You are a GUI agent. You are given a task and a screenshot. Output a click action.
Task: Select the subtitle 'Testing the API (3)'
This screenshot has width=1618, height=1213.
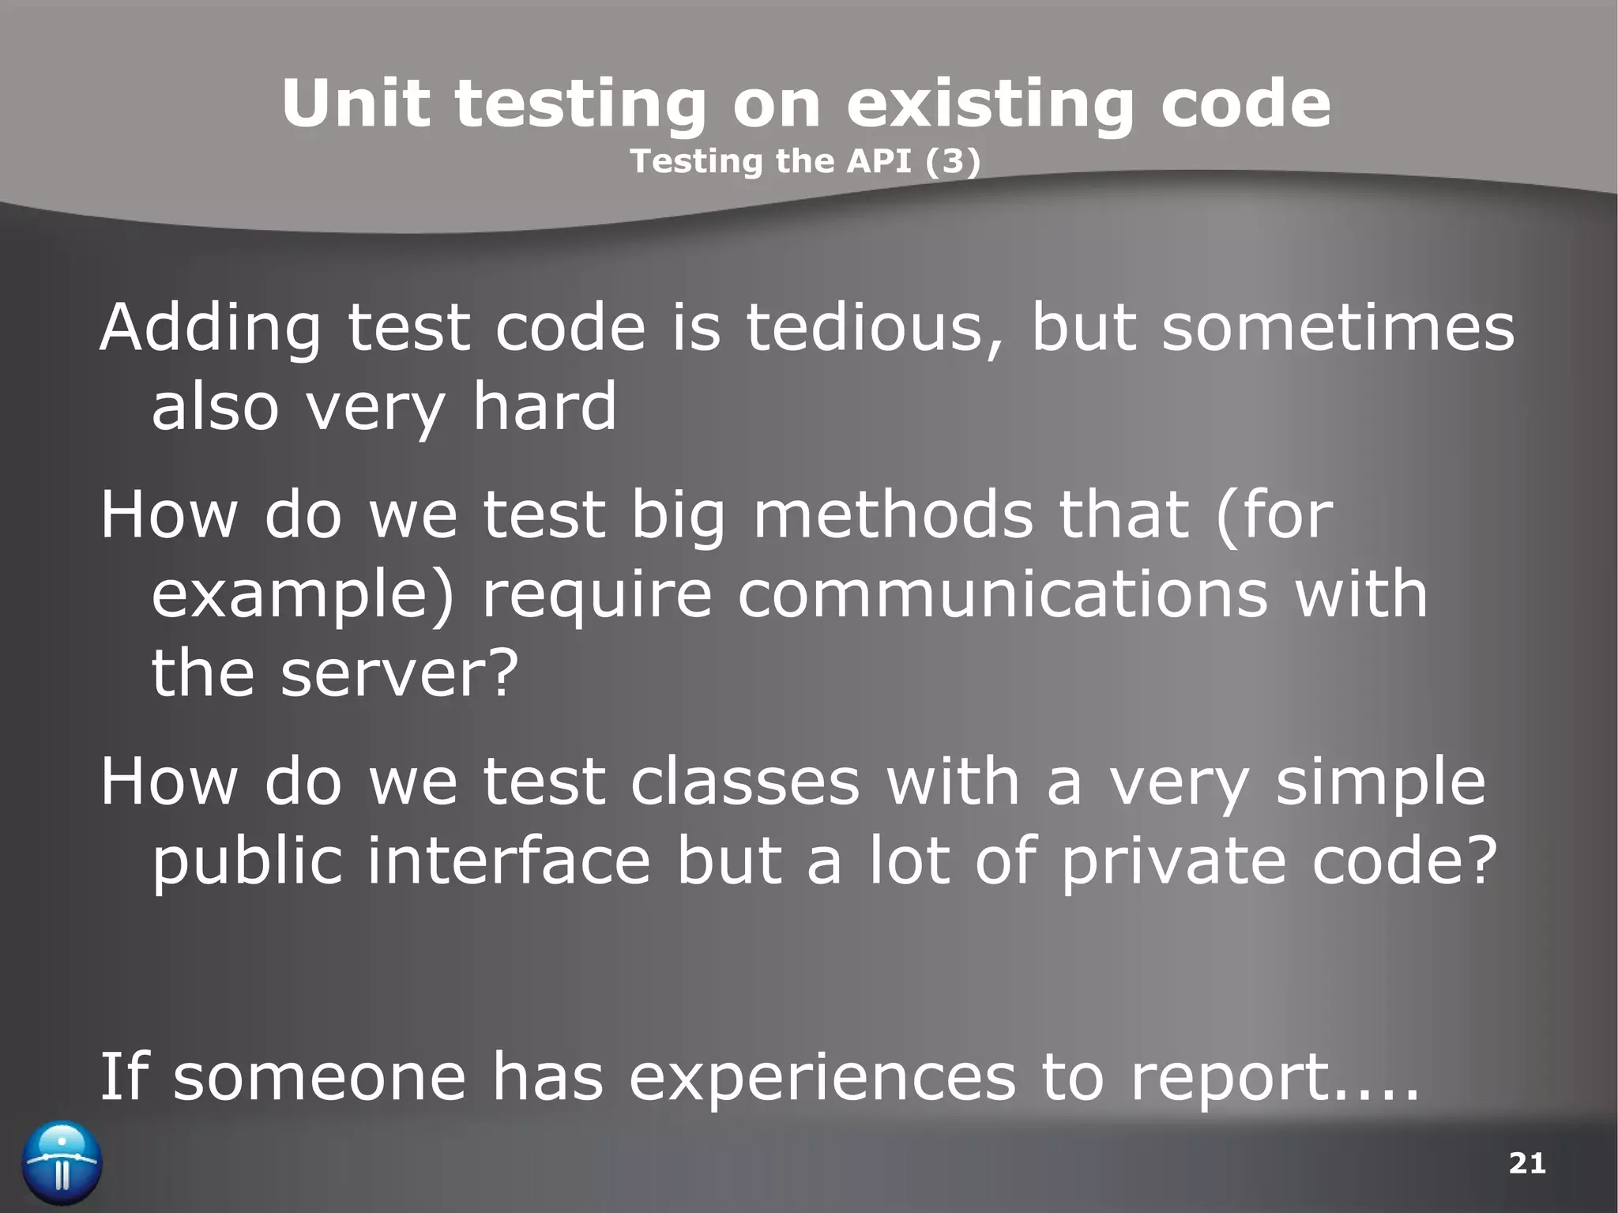point(805,162)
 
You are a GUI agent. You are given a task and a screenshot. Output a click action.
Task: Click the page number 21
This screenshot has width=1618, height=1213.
point(1527,1163)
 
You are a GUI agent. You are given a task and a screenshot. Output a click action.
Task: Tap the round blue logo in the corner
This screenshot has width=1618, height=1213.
point(62,1163)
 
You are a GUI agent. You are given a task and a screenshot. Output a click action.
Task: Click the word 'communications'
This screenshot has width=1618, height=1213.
point(1003,593)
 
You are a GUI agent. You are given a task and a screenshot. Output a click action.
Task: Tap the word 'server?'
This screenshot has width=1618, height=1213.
point(399,672)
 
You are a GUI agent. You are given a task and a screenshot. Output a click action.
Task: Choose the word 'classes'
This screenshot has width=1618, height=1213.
point(745,781)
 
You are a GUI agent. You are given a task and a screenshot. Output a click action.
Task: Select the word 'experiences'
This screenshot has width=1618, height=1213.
point(822,1077)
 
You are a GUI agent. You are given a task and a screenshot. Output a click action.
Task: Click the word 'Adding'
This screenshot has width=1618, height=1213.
point(210,328)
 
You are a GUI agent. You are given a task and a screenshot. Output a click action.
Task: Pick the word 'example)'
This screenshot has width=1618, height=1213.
point(303,595)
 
